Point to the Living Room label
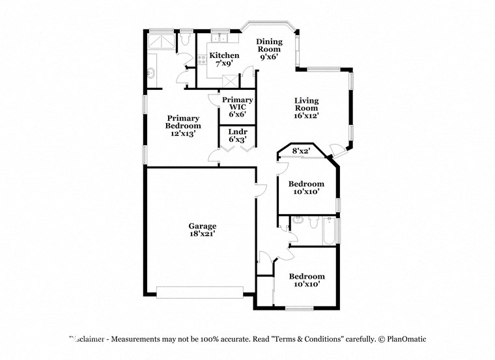click(x=306, y=107)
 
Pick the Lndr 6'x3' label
click(x=237, y=135)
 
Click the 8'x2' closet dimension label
click(x=300, y=151)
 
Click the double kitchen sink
click(x=219, y=38)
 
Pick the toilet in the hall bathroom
click(x=313, y=225)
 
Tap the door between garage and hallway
click(x=261, y=190)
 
